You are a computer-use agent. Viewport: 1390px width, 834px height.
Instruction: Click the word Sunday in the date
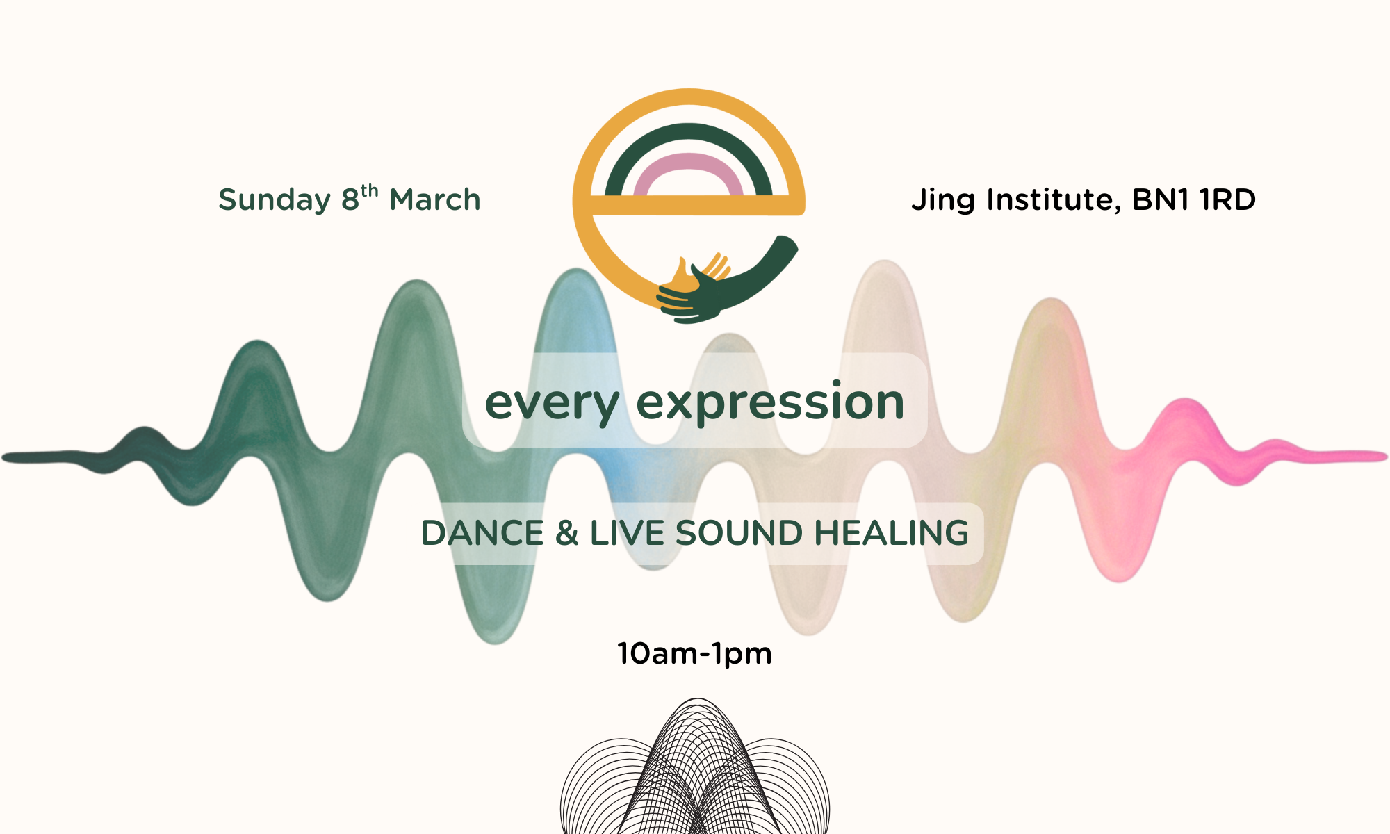coord(275,200)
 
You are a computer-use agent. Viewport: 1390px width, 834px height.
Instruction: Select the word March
coord(435,200)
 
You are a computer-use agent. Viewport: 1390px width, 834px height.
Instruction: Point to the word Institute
coord(1053,200)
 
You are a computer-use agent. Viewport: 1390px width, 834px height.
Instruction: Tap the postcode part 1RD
coord(1227,200)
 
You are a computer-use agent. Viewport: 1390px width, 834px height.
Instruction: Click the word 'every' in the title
coord(552,403)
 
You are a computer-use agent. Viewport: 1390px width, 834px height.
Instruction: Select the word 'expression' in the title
coord(770,403)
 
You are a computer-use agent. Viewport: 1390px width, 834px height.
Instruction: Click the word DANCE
coord(482,533)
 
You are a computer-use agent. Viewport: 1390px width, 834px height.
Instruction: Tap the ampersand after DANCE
coord(566,533)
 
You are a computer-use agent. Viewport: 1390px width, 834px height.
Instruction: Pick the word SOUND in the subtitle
coord(739,533)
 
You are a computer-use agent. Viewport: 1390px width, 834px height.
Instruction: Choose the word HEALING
coord(892,533)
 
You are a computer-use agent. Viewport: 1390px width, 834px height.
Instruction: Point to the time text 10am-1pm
coord(695,654)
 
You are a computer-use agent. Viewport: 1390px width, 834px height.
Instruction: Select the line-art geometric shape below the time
coord(695,771)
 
